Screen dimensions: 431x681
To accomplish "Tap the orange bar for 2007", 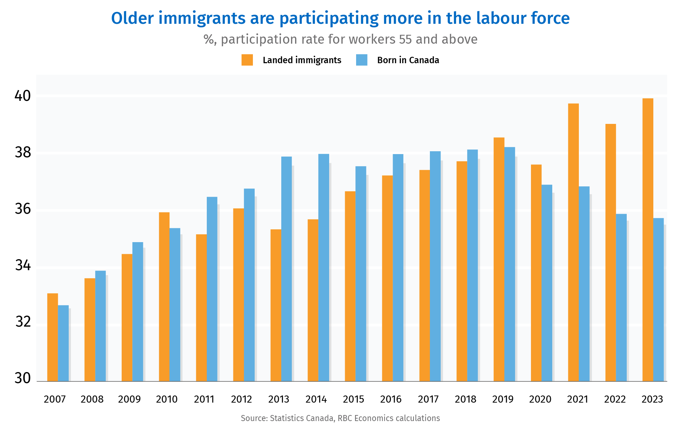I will [x=52, y=337].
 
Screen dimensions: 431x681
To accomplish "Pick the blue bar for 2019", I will [x=510, y=264].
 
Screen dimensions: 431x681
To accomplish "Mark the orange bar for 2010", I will [x=164, y=297].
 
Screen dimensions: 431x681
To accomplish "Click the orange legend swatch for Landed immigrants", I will [x=247, y=60].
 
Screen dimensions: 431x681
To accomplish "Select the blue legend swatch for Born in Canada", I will [x=361, y=60].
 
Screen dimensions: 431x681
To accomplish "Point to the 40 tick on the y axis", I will [x=22, y=96].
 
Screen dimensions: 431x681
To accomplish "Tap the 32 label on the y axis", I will [x=22, y=322].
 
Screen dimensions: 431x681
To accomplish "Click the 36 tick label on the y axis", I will [x=22, y=209].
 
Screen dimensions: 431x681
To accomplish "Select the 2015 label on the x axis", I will [x=353, y=399].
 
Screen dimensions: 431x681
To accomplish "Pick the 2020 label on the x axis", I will [x=540, y=399].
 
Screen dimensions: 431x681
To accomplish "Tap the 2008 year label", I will [x=92, y=399].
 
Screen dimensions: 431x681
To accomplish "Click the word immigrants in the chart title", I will [x=202, y=18].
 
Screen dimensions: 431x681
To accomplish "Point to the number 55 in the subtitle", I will [x=405, y=39].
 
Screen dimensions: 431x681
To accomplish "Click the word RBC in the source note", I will [x=344, y=418].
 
